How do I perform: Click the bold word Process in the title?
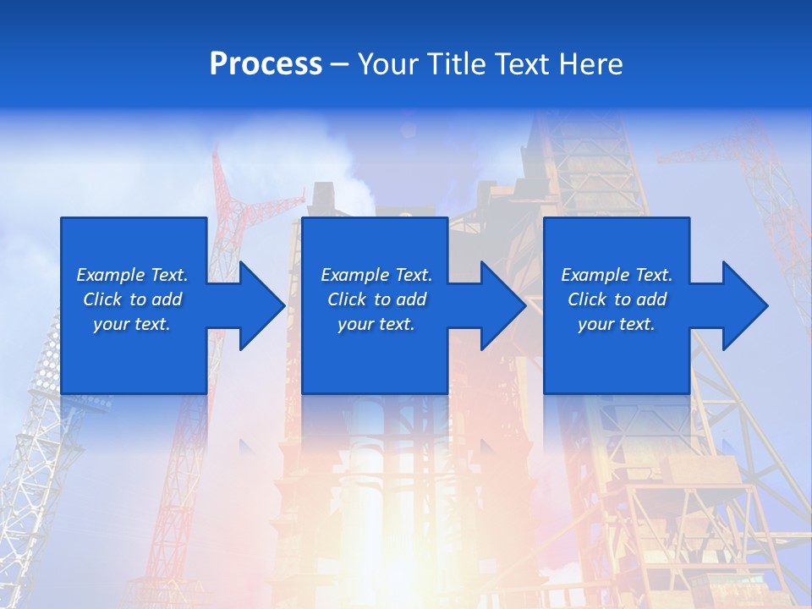coord(266,63)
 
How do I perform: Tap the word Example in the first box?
coord(111,275)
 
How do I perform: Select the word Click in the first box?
coord(102,299)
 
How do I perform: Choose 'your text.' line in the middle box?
coord(376,324)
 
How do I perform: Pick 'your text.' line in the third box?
coord(617,324)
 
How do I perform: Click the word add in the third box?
coord(651,299)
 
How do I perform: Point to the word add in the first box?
coord(167,299)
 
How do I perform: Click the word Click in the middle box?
coord(347,299)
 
